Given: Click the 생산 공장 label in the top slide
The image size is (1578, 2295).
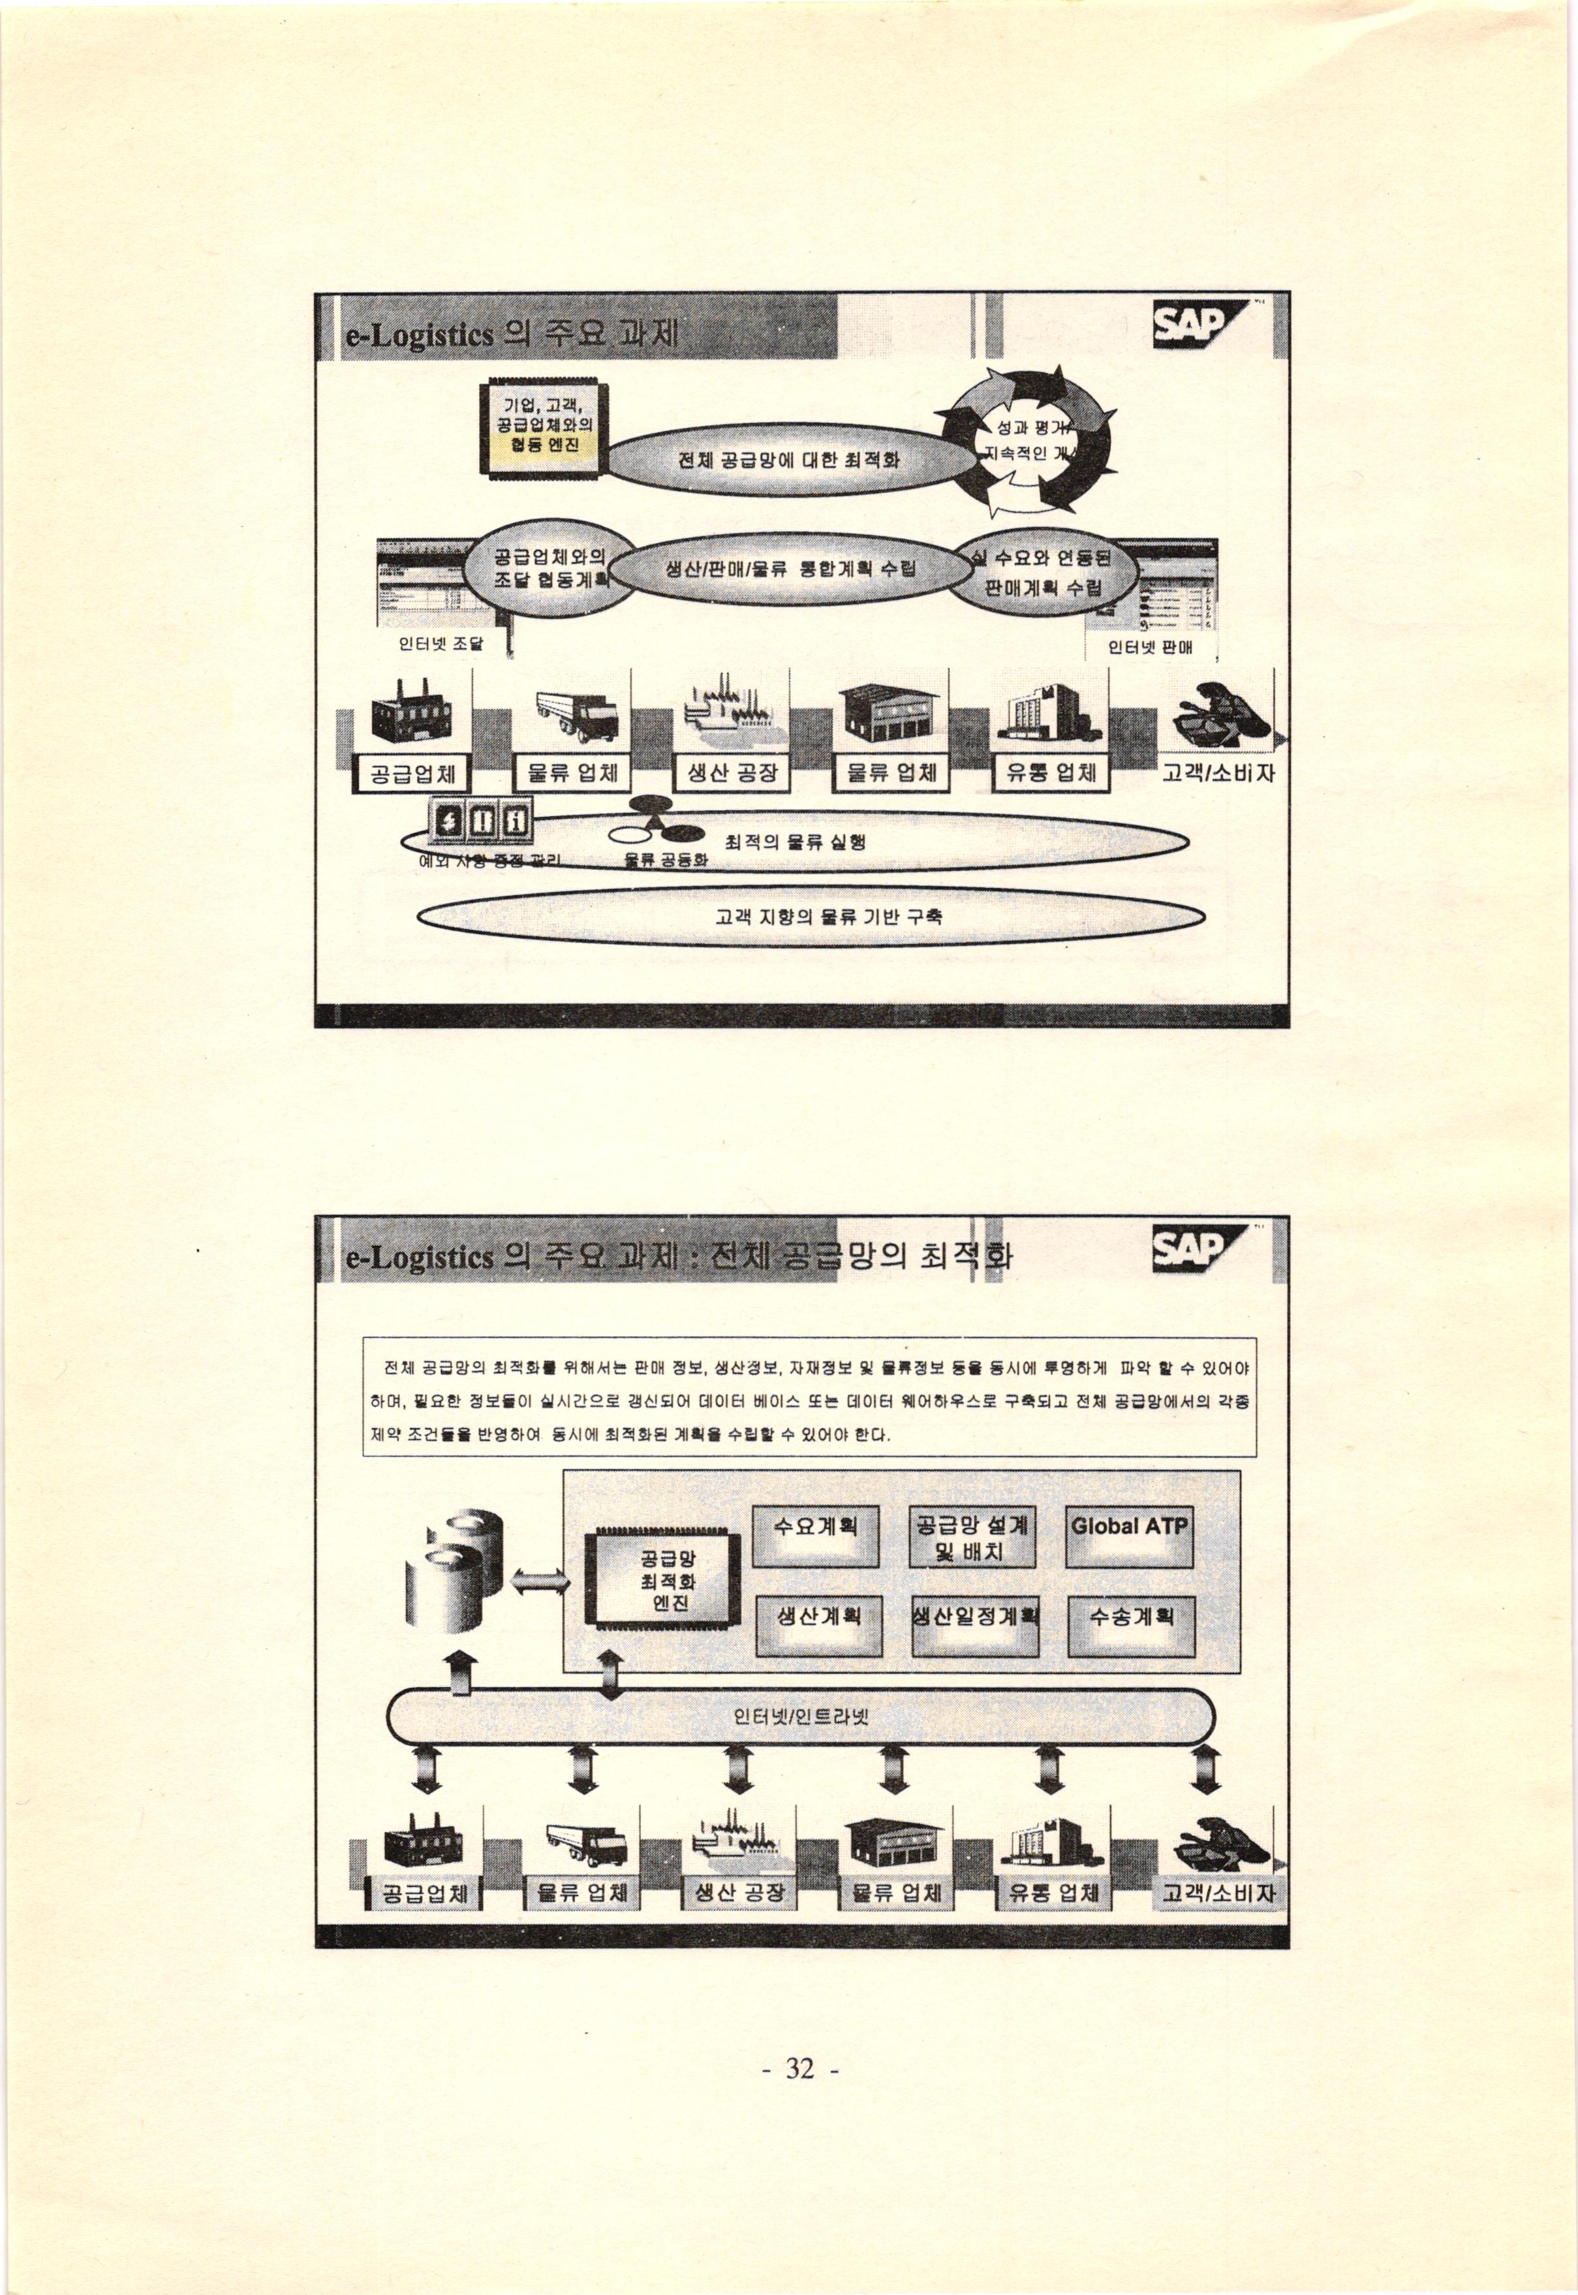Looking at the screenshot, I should [732, 774].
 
